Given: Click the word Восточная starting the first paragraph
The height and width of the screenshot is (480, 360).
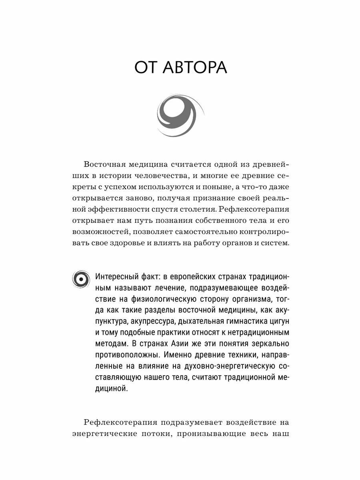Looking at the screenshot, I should click(x=105, y=164).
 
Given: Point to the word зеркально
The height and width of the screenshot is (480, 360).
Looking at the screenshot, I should click(x=266, y=344).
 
